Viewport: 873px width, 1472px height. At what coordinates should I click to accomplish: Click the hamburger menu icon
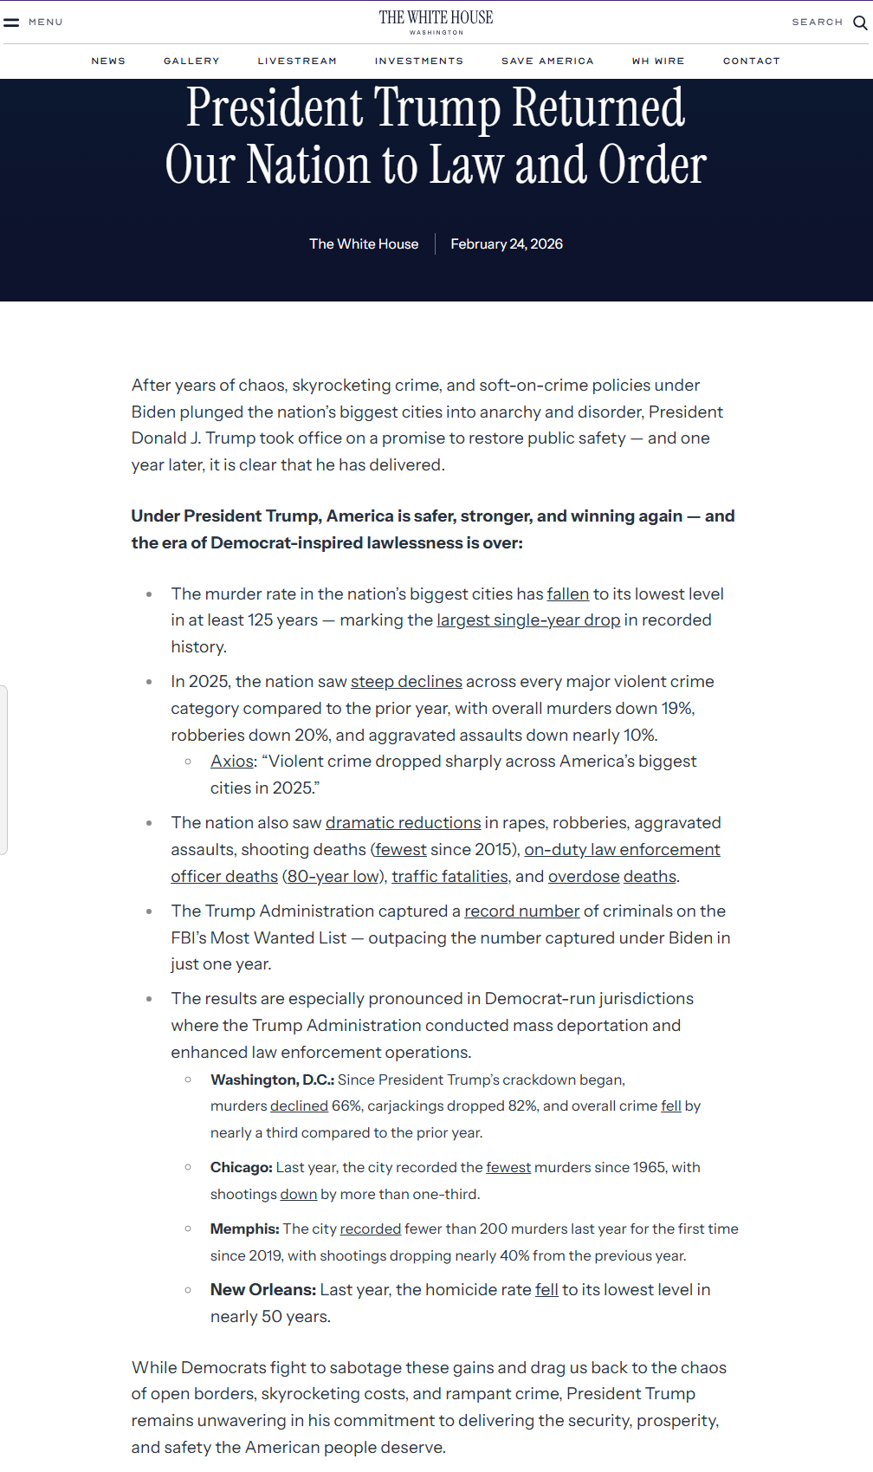point(11,23)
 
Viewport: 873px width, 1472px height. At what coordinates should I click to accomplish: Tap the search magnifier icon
point(860,23)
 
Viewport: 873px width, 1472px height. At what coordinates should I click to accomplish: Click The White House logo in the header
point(436,22)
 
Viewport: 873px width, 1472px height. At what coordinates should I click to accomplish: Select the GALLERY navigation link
point(191,62)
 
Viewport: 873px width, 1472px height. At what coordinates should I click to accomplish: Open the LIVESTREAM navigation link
point(297,62)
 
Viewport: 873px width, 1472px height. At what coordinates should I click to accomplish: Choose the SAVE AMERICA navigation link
point(547,62)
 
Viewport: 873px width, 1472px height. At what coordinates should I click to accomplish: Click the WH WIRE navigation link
point(658,62)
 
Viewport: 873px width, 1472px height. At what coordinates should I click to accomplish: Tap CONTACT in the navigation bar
point(752,62)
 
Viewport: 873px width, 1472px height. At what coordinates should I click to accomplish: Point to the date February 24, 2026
point(507,244)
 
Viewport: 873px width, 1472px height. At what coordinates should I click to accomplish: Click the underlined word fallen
point(568,594)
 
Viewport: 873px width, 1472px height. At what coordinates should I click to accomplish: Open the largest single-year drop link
point(528,620)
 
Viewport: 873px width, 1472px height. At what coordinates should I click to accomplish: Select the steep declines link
point(406,682)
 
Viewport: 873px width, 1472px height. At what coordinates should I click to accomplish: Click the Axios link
point(232,762)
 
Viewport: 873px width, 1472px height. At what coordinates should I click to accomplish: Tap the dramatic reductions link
point(403,823)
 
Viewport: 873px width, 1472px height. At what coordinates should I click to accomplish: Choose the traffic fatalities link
point(449,877)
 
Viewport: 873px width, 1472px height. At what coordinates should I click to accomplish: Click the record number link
point(522,911)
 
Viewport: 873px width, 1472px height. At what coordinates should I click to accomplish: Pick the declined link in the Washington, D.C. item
point(299,1106)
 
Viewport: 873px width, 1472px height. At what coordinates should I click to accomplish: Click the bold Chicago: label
point(242,1168)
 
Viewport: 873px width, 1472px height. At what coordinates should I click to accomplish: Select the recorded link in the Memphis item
point(371,1229)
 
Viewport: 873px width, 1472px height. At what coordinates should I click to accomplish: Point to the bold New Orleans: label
point(263,1290)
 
